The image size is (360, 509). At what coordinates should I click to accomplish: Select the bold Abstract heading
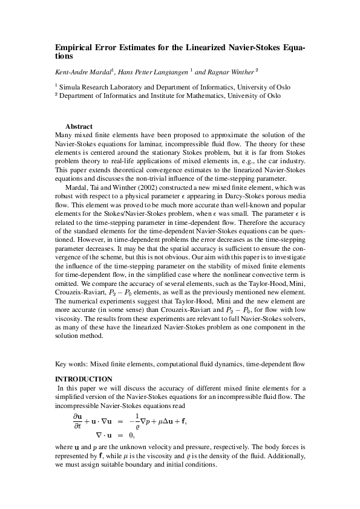pos(78,126)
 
